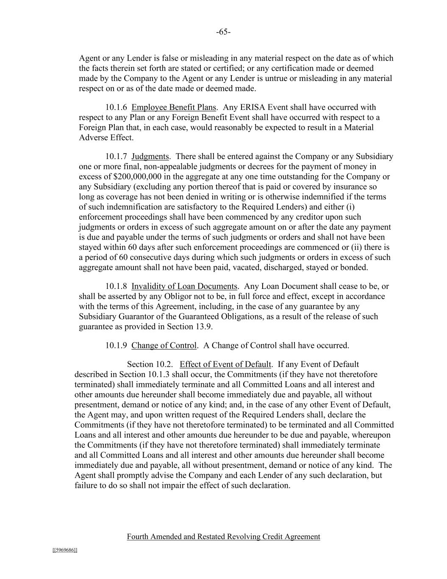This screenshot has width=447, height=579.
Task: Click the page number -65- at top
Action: coord(223,32)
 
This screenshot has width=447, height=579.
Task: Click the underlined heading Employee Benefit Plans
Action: coord(174,107)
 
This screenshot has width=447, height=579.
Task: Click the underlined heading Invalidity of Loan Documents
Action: coord(184,286)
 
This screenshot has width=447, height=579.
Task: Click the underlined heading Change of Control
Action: coord(164,345)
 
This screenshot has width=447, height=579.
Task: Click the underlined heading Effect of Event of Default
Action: coord(225,364)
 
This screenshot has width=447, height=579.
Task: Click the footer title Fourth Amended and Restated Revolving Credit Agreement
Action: coord(223,537)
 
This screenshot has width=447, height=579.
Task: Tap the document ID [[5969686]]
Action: coord(65,550)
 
